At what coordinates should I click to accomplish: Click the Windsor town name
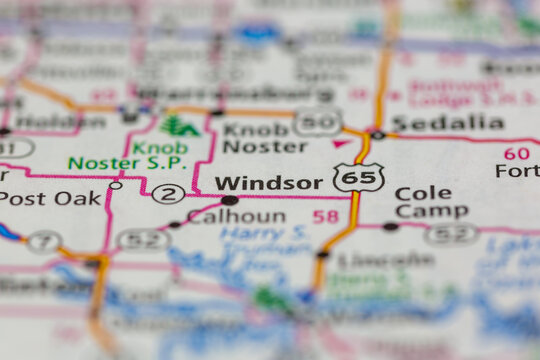click(268, 182)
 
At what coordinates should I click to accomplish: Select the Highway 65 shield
click(357, 177)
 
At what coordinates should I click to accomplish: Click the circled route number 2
click(168, 193)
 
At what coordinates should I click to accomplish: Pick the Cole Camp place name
click(430, 202)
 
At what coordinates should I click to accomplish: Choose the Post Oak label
click(50, 197)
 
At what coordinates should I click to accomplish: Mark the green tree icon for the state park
click(178, 126)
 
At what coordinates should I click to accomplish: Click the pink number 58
click(325, 216)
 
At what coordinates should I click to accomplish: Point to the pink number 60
click(516, 153)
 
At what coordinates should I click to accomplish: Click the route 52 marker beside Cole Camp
click(451, 234)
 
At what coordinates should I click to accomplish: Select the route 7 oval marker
click(43, 241)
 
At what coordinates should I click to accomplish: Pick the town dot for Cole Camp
click(389, 227)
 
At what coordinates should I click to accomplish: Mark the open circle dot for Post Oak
click(115, 185)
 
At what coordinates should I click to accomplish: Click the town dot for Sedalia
click(377, 134)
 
